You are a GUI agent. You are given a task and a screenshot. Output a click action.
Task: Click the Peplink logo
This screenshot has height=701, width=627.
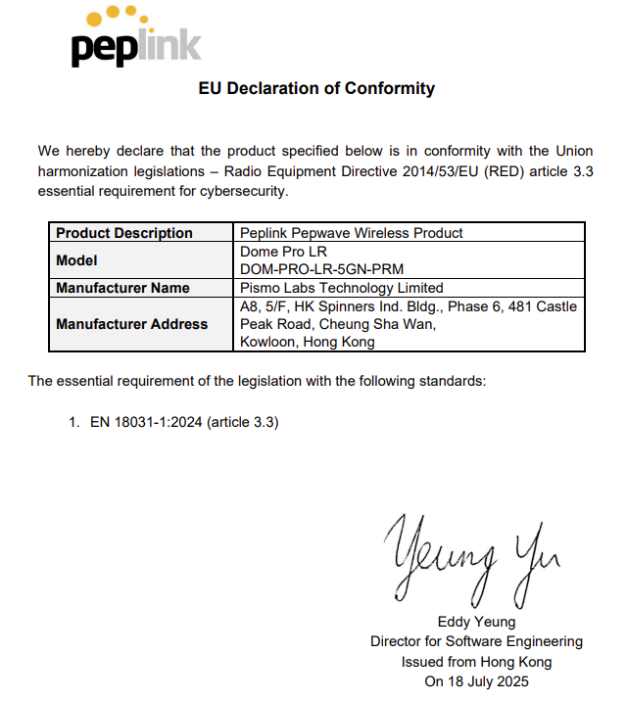point(135,38)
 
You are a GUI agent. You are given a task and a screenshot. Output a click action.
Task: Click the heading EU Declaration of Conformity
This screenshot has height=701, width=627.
point(316,88)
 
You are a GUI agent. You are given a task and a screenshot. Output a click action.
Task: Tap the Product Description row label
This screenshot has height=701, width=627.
point(124,233)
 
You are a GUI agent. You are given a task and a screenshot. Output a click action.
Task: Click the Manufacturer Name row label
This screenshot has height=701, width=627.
point(122,288)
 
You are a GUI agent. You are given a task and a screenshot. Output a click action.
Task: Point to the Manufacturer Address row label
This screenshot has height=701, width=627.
point(131,324)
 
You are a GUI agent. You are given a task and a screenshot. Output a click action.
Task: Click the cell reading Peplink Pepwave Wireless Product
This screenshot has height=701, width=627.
point(351,233)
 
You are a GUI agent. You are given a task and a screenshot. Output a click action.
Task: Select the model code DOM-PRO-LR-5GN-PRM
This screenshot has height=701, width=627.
point(321,269)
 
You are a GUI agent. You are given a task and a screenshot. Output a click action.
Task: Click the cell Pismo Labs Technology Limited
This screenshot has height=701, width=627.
point(341,288)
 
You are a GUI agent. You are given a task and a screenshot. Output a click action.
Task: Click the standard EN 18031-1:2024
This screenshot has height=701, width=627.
point(143,422)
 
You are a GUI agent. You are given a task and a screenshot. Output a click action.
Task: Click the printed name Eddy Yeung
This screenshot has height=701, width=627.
point(476,622)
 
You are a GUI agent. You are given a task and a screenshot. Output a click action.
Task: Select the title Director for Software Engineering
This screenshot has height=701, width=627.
point(476,641)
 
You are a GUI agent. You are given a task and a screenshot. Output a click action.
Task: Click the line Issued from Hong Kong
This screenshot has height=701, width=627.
point(476,661)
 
